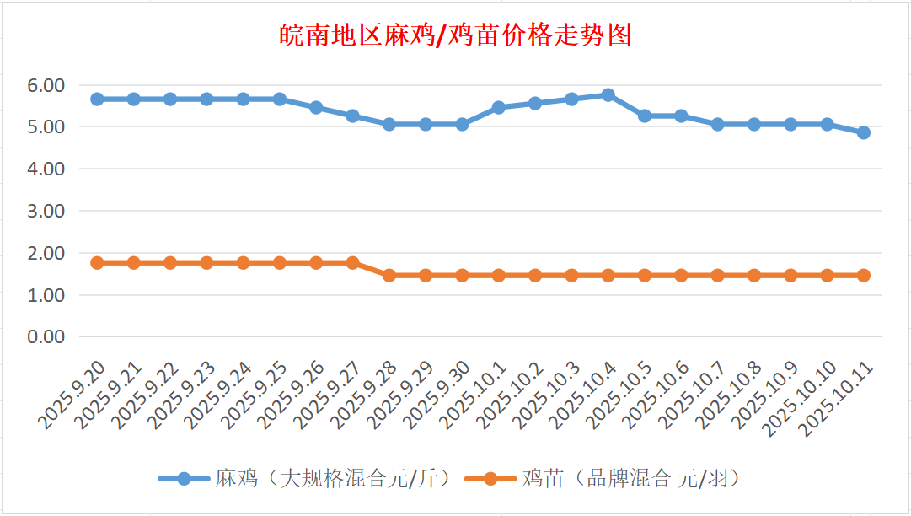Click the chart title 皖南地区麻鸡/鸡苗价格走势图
click(x=455, y=35)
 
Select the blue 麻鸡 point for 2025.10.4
click(x=608, y=94)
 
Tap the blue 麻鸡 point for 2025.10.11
click(x=864, y=132)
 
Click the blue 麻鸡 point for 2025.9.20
click(x=97, y=99)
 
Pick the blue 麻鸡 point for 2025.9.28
click(x=389, y=124)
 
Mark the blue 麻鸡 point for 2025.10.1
click(x=499, y=107)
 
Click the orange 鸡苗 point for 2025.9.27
click(x=352, y=263)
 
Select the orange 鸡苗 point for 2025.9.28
click(x=389, y=275)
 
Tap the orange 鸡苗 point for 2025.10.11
click(x=864, y=275)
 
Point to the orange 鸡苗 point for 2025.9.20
click(x=97, y=263)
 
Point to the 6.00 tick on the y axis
click(x=46, y=85)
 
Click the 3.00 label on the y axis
click(x=46, y=211)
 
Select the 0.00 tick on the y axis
click(x=46, y=336)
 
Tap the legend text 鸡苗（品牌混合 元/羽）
click(x=632, y=479)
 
